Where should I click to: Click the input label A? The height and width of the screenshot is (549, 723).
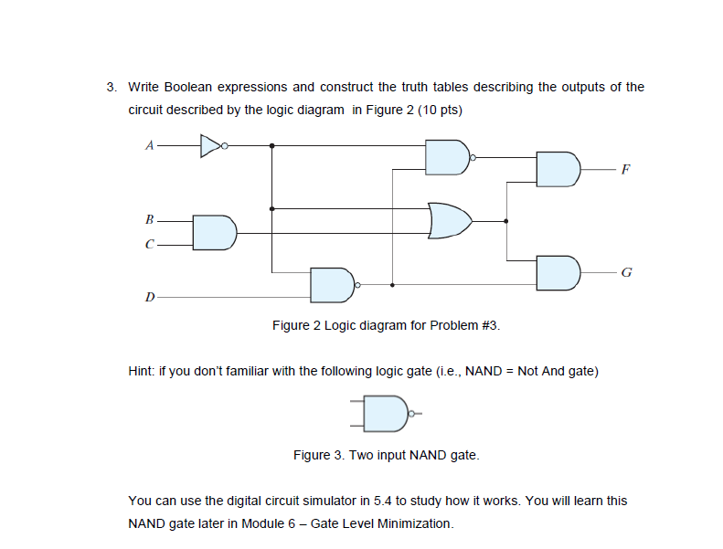pos(149,144)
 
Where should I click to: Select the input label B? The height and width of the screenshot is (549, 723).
pos(149,220)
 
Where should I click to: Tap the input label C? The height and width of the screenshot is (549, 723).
pos(149,244)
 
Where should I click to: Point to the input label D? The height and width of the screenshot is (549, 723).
pos(149,296)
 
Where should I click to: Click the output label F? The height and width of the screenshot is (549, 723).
pos(625,170)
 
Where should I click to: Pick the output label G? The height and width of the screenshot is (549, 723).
pos(625,272)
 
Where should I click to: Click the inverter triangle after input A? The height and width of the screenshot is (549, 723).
pos(210,144)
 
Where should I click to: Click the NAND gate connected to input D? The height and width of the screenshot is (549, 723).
pos(332,285)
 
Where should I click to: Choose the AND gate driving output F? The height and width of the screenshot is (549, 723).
pos(558,169)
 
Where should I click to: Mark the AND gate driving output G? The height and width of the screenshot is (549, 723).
pos(558,272)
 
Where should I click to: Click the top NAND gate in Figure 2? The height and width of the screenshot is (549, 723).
pos(447,157)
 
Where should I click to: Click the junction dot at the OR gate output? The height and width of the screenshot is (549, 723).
pos(505,220)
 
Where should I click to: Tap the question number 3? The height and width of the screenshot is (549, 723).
pos(111,88)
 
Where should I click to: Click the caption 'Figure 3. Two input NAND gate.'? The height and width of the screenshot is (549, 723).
pos(386,454)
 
